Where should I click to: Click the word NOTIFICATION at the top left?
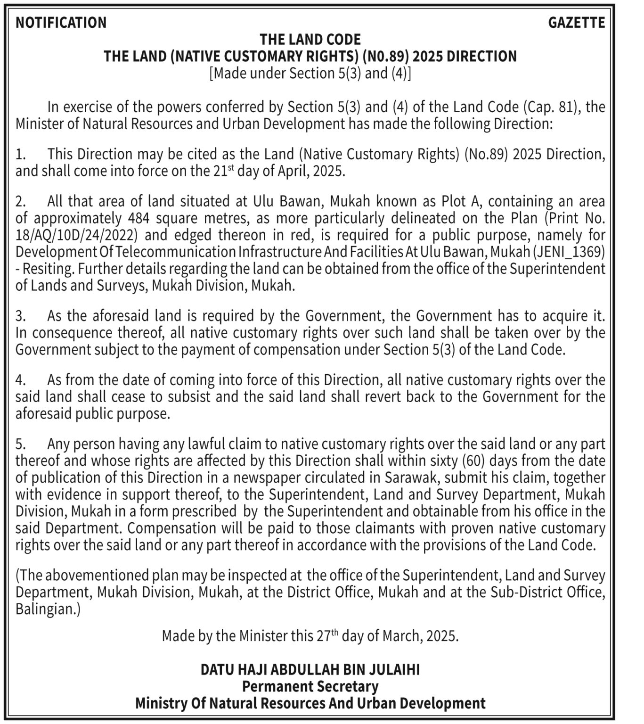click(61, 23)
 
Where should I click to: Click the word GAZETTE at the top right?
click(576, 23)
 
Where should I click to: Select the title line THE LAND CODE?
click(310, 39)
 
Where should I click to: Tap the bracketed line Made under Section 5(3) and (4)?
click(310, 74)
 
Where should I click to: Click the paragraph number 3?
click(20, 316)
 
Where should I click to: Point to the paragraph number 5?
click(20, 444)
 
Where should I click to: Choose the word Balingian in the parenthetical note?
click(45, 609)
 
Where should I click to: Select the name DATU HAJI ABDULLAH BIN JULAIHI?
click(310, 670)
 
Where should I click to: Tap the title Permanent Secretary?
click(310, 687)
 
